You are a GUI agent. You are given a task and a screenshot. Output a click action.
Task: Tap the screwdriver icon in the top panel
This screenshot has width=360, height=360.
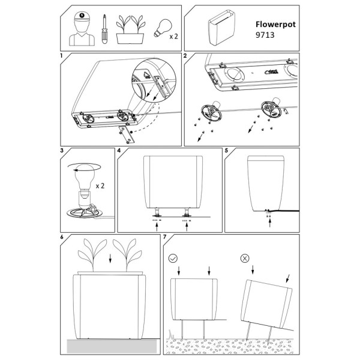coord(104,28)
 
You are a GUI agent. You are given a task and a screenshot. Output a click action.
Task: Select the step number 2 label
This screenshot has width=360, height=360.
coord(185,56)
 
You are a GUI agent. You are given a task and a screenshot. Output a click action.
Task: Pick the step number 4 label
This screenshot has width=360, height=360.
coord(119,150)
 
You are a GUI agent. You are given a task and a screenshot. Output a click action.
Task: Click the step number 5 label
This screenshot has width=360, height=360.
coord(227,150)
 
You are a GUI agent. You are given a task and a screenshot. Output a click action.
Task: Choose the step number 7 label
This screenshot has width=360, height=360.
coord(166,238)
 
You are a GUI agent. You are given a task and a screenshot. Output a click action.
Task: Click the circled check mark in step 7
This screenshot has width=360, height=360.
coord(173,259)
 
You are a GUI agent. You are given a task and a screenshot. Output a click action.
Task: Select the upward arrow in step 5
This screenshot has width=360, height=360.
coord(269,222)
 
